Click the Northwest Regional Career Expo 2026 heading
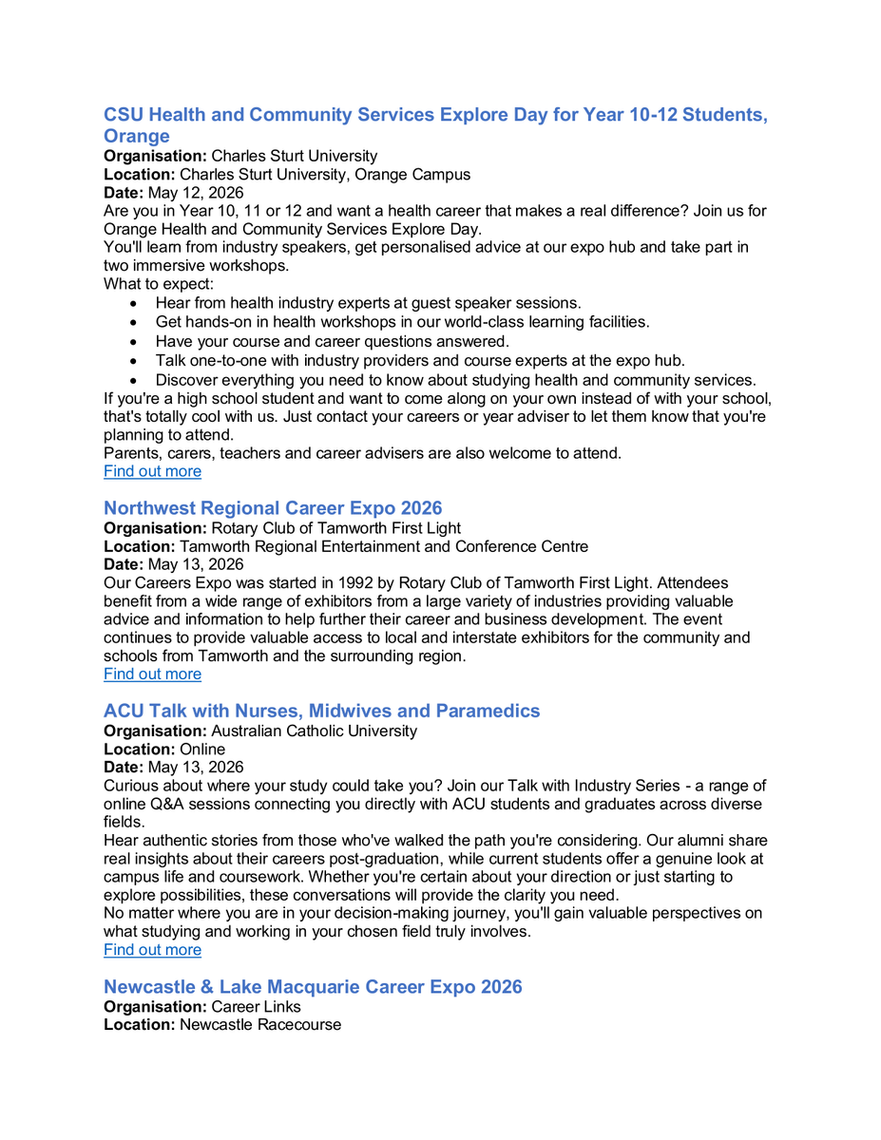pyautogui.click(x=273, y=508)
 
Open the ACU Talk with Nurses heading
pyautogui.click(x=321, y=711)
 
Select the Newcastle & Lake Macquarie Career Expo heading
pyautogui.click(x=313, y=987)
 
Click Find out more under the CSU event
pyautogui.click(x=152, y=471)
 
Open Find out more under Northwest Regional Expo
pyautogui.click(x=152, y=674)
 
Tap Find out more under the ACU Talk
pyautogui.click(x=152, y=950)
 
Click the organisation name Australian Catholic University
pyautogui.click(x=314, y=731)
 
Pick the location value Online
pyautogui.click(x=202, y=750)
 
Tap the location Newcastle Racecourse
pyautogui.click(x=260, y=1025)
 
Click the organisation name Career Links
pyautogui.click(x=256, y=1006)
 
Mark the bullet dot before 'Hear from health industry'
pyautogui.click(x=134, y=303)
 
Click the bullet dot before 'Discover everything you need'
pyautogui.click(x=134, y=380)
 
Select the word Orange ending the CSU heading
pyautogui.click(x=137, y=136)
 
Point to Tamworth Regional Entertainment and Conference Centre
pyautogui.click(x=384, y=546)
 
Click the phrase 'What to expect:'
pyautogui.click(x=159, y=284)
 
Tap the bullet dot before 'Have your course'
pyautogui.click(x=134, y=341)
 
